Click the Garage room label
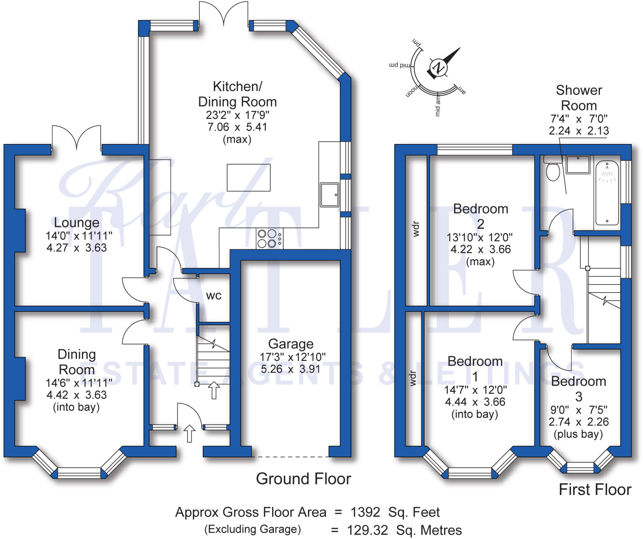point(291,344)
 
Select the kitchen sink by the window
point(329,195)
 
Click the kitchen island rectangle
point(248,178)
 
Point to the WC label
point(214,295)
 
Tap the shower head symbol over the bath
point(607,173)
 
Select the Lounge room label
point(77,223)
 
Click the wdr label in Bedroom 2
point(416,229)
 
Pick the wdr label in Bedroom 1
point(413,378)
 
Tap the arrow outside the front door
point(189,433)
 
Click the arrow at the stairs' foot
point(214,390)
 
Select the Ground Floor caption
point(303,479)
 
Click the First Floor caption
point(595,490)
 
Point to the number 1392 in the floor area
point(365,512)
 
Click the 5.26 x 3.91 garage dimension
point(291,369)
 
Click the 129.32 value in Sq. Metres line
point(367,531)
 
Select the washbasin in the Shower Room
point(578,165)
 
